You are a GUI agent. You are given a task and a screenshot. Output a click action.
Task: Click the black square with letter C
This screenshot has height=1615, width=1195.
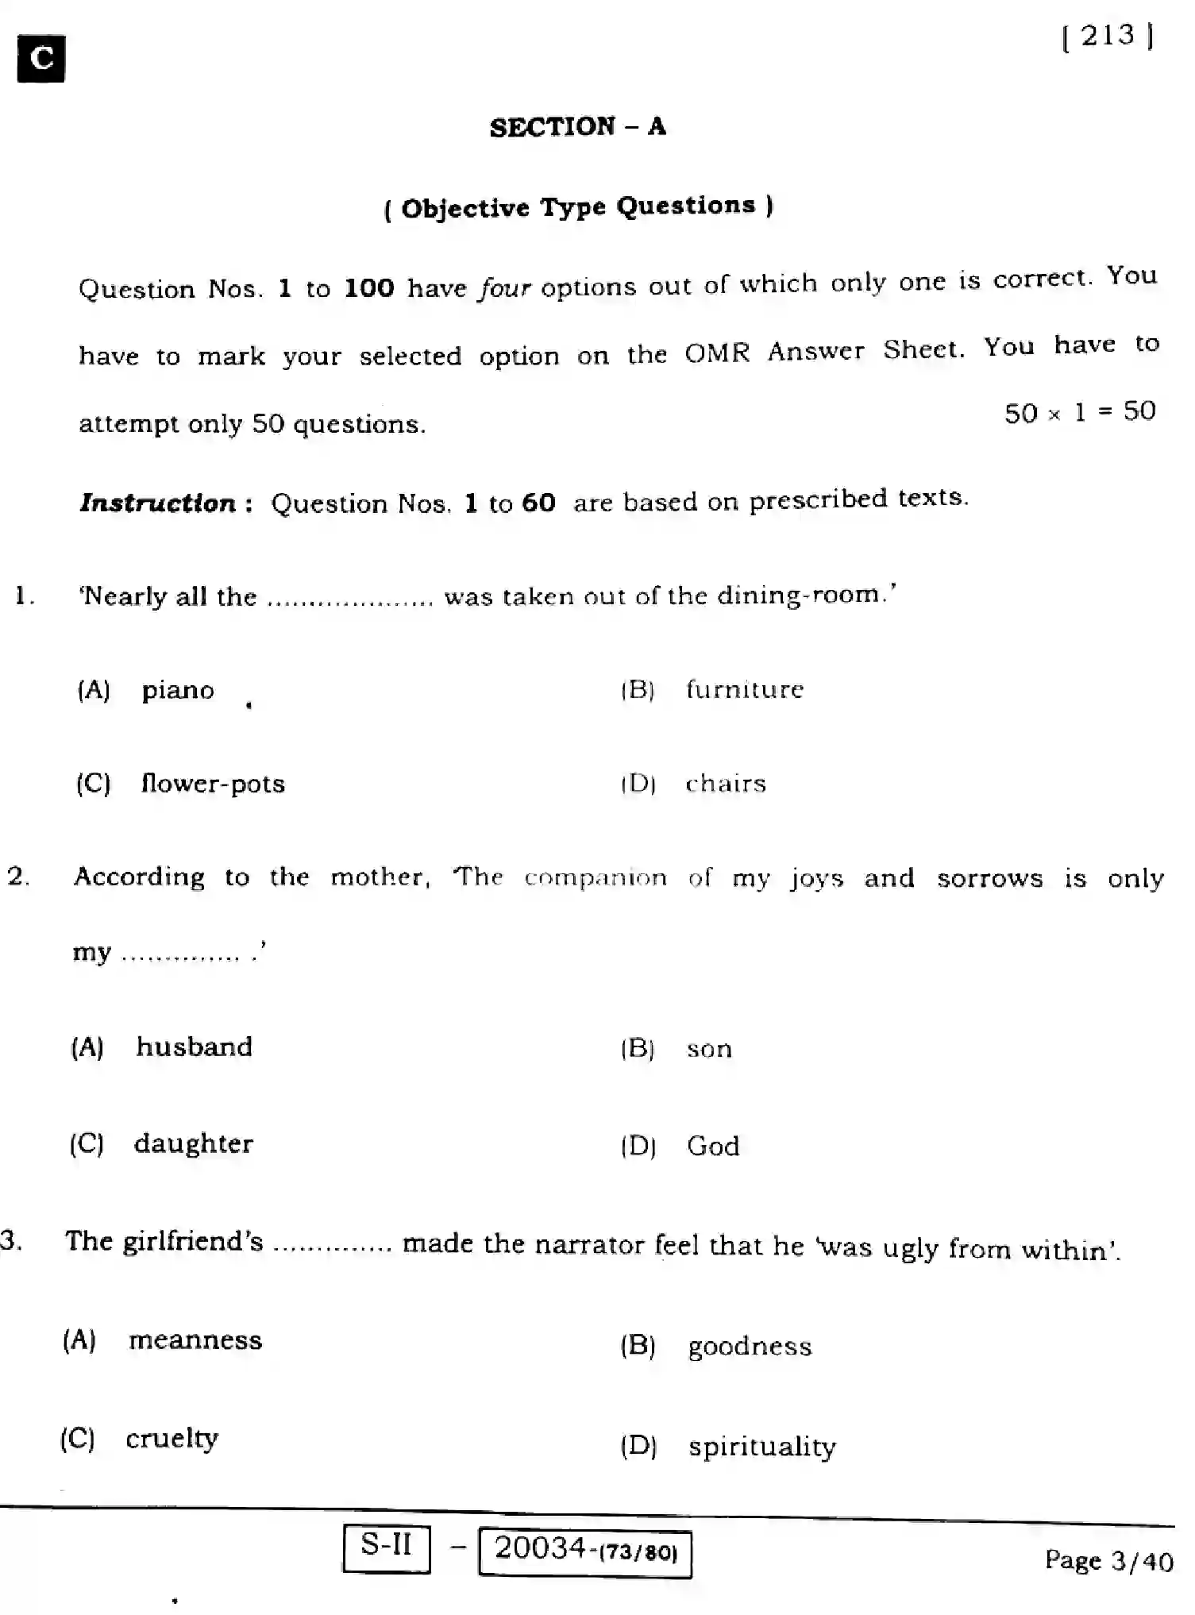click(41, 59)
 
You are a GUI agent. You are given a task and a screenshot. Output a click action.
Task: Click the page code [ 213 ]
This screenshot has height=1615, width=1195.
click(1108, 37)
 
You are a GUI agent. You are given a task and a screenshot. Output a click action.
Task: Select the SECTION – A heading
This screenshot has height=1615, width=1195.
click(577, 127)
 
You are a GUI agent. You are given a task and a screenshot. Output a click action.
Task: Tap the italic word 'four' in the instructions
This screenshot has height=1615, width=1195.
click(504, 287)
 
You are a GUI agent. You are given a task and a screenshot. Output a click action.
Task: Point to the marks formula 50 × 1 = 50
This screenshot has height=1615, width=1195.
click(1079, 412)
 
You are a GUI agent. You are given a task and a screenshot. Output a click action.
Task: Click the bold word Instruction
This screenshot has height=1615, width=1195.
click(157, 503)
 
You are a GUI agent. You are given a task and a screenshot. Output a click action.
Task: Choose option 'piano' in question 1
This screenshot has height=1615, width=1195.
click(178, 690)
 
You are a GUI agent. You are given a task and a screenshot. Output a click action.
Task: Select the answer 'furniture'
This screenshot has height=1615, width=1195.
click(745, 689)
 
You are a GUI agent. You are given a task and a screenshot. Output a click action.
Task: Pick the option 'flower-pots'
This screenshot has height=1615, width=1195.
click(213, 784)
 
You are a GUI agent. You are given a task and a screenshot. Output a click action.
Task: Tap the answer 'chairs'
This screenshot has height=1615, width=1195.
click(726, 784)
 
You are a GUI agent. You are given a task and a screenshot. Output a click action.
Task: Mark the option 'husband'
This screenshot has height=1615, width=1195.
click(195, 1046)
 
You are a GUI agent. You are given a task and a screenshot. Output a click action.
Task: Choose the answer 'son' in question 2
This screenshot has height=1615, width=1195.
click(709, 1049)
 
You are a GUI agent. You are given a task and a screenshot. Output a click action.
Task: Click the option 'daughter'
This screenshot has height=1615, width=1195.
click(194, 1143)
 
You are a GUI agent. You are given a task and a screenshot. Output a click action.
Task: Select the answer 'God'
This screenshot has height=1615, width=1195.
click(713, 1146)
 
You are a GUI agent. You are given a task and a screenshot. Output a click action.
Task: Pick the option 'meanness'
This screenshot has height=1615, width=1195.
click(195, 1340)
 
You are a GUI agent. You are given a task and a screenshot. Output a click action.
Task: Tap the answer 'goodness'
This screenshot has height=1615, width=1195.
click(750, 1347)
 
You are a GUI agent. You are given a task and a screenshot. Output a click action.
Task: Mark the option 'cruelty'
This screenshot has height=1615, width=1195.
click(172, 1439)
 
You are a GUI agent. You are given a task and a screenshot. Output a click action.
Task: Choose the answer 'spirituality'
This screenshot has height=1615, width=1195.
click(761, 1447)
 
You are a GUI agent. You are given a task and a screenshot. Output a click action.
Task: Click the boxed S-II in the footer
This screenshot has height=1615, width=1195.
click(387, 1545)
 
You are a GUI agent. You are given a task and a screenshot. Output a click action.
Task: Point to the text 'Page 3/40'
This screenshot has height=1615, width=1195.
click(1108, 1561)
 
